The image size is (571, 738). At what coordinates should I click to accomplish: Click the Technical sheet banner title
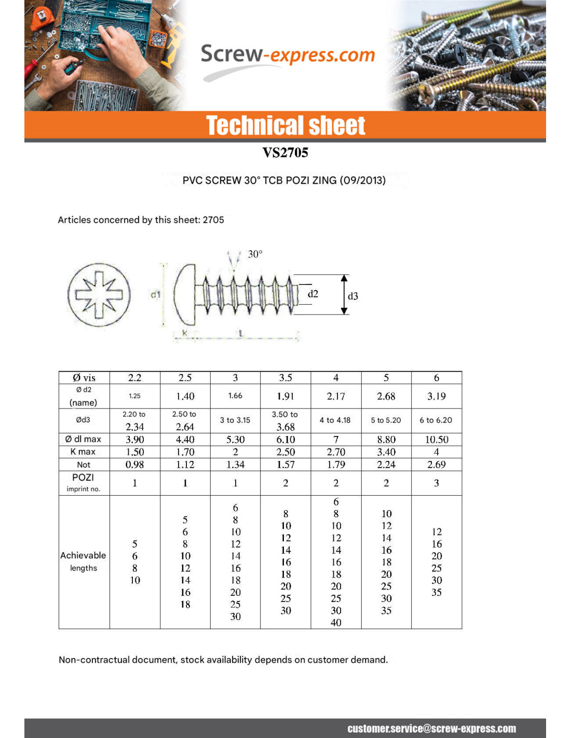pyautogui.click(x=285, y=126)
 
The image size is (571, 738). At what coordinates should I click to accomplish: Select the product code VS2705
pyautogui.click(x=285, y=153)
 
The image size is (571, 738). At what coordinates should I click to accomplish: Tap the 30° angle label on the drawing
pyautogui.click(x=255, y=254)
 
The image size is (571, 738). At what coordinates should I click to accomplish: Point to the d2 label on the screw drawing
pyautogui.click(x=312, y=294)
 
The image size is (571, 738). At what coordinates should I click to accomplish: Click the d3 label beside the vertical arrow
pyautogui.click(x=353, y=296)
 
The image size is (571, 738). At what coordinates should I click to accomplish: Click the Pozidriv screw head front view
pyautogui.click(x=99, y=295)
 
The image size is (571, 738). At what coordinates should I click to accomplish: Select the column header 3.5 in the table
pyautogui.click(x=285, y=378)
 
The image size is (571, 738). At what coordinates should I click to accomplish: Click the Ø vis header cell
pyautogui.click(x=84, y=378)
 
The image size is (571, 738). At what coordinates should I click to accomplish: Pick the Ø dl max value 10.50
pyautogui.click(x=437, y=440)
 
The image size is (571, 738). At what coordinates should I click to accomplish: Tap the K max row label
pyautogui.click(x=83, y=452)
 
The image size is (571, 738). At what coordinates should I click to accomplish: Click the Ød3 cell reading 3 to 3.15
pyautogui.click(x=235, y=420)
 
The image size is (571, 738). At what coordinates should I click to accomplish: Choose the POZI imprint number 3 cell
pyautogui.click(x=437, y=483)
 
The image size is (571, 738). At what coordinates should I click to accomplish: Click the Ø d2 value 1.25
pyautogui.click(x=134, y=396)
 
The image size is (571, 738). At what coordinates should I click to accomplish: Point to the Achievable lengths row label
pyautogui.click(x=83, y=562)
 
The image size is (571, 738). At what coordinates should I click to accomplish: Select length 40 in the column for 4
pyautogui.click(x=336, y=622)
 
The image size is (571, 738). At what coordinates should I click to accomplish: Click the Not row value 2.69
pyautogui.click(x=437, y=464)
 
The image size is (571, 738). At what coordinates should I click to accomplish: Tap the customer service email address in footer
pyautogui.click(x=431, y=729)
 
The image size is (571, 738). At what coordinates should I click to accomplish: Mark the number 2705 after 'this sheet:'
pyautogui.click(x=213, y=220)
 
